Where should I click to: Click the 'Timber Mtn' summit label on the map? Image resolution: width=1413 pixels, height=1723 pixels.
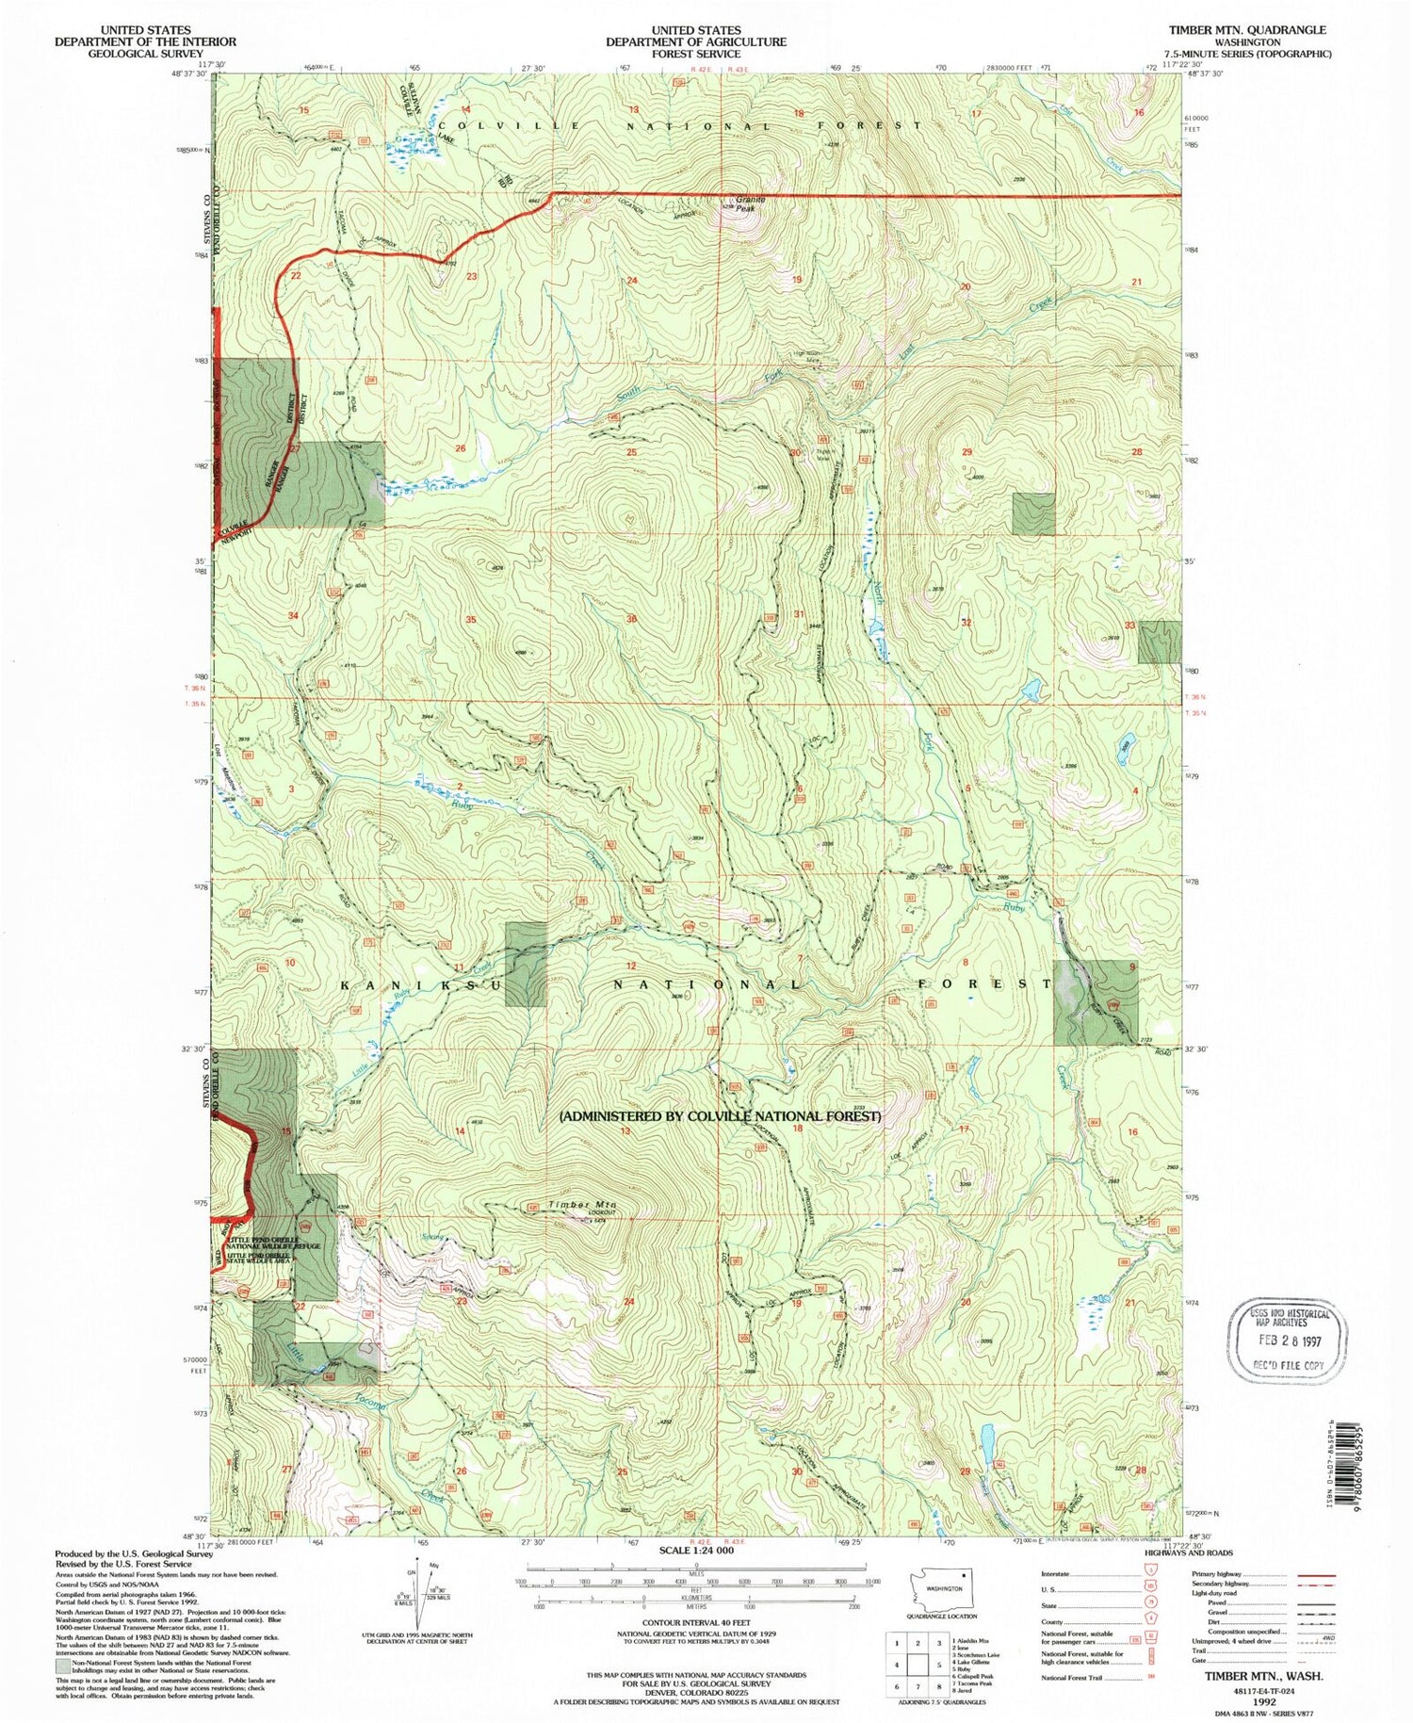pos(582,1205)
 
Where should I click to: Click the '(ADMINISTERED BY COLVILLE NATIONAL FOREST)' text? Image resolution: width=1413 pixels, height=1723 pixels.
pos(721,1116)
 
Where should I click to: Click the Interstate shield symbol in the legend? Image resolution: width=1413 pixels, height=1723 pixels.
pos(1150,1572)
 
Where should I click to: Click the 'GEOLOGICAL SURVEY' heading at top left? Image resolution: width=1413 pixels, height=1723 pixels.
pos(144,54)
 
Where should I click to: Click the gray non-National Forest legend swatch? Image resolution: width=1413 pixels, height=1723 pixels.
pos(62,1665)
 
